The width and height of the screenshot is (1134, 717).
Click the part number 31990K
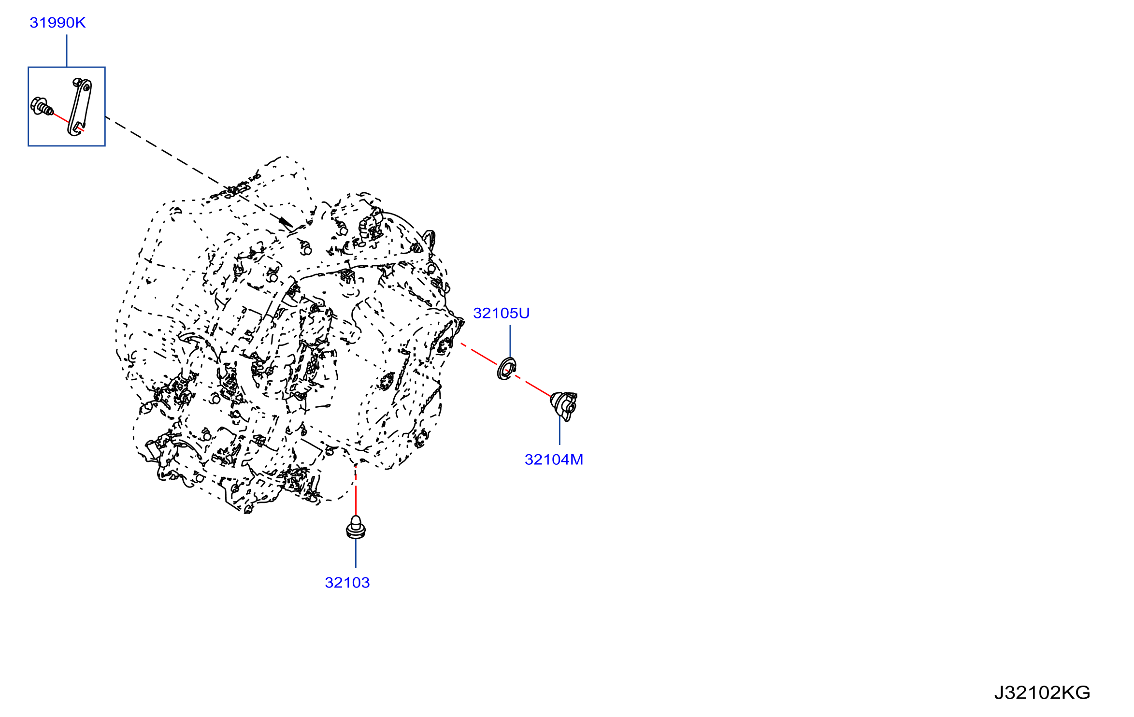(x=57, y=23)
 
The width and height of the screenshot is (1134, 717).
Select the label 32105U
(x=501, y=313)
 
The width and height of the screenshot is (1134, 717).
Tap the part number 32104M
(x=554, y=459)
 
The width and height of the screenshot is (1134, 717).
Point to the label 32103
(x=347, y=583)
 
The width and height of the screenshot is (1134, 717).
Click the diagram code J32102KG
(x=1042, y=693)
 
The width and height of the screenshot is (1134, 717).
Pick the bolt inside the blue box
(x=42, y=107)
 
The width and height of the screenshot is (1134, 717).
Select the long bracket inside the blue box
(x=80, y=107)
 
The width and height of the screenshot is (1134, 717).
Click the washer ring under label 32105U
(x=506, y=369)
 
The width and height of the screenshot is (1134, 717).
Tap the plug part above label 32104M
(x=564, y=405)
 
